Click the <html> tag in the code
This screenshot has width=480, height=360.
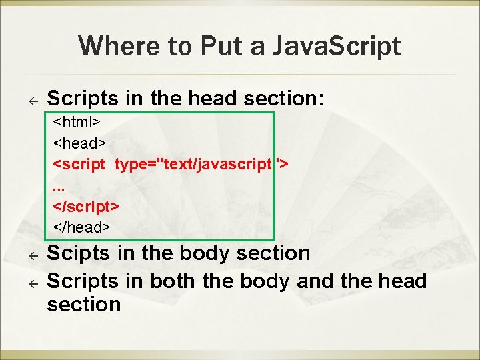[x=77, y=123]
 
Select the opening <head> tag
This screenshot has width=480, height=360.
[x=79, y=143]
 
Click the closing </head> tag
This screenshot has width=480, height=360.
[x=81, y=227]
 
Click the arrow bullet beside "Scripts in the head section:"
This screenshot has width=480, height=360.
[x=31, y=100]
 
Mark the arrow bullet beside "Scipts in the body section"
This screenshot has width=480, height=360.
[x=31, y=255]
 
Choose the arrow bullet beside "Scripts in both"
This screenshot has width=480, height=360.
[x=31, y=283]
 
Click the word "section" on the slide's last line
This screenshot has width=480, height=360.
[x=84, y=305]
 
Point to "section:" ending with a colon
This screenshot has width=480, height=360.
[x=284, y=99]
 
